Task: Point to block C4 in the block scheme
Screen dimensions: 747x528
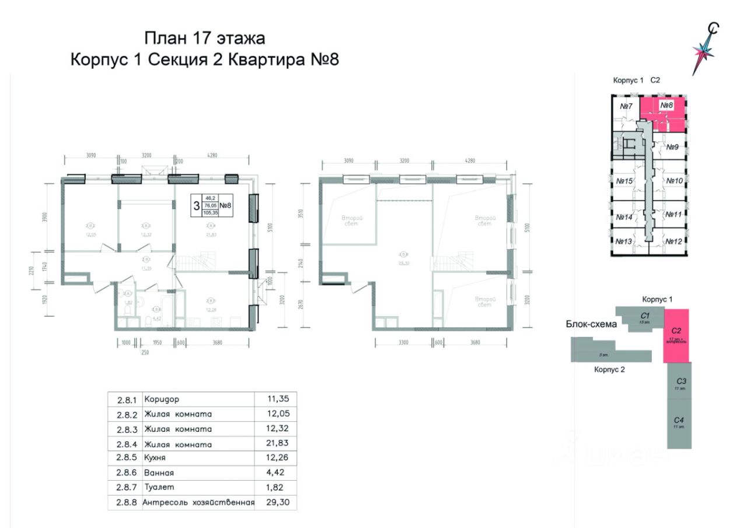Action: (679, 422)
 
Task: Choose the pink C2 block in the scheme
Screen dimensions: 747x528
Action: (677, 335)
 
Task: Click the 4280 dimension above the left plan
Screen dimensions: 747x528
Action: (211, 156)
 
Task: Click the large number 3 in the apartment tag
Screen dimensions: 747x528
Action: (197, 205)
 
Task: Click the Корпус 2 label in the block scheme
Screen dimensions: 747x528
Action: (610, 369)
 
